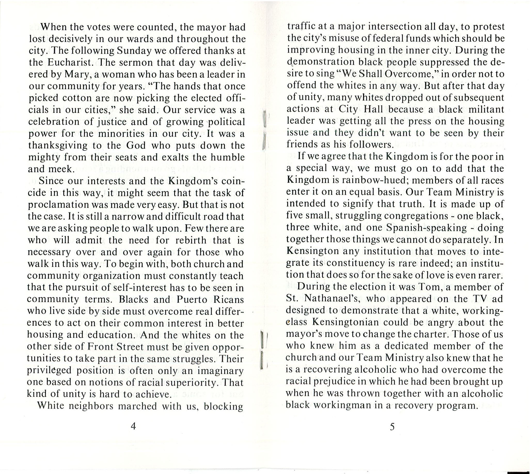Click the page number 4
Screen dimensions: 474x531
pos(133,434)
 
